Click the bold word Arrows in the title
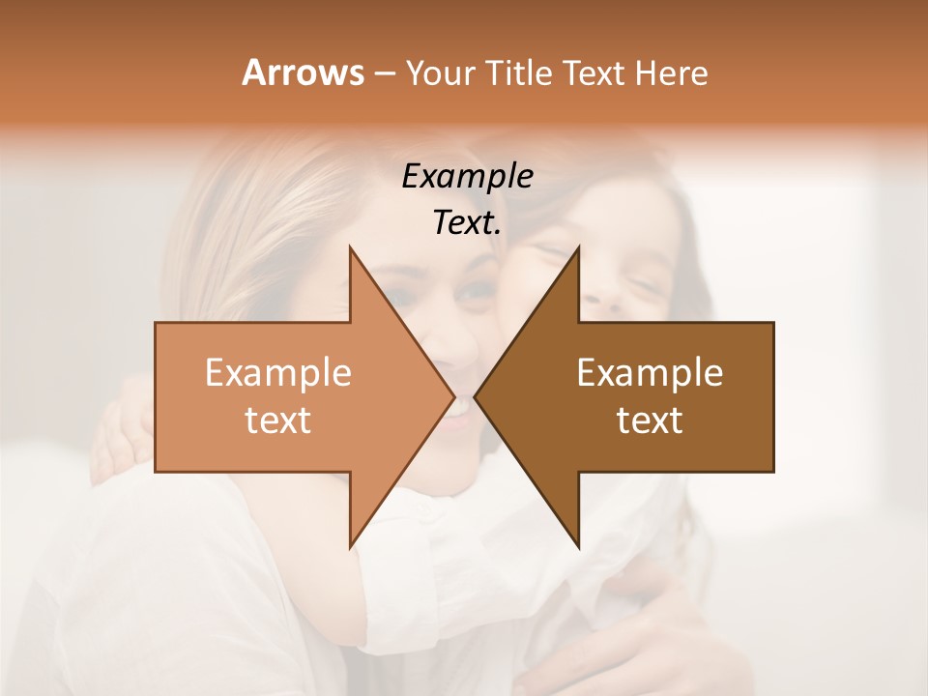[x=303, y=72]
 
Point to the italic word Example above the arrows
[x=467, y=176]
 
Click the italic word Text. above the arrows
[x=467, y=222]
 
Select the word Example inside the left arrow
[x=277, y=373]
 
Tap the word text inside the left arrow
[x=277, y=420]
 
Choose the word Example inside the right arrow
[x=650, y=373]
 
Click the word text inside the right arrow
[x=650, y=420]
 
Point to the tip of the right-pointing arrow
[x=453, y=396]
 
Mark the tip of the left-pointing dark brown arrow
[x=476, y=396]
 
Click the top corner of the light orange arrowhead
[x=350, y=247]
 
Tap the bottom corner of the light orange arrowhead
[x=350, y=547]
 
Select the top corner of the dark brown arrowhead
[x=578, y=247]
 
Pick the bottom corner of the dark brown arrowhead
[x=578, y=547]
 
